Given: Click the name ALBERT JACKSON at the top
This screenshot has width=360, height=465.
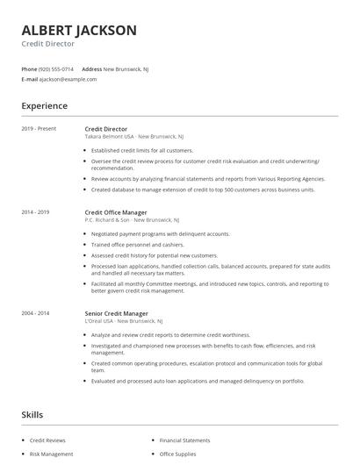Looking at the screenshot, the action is (x=79, y=31).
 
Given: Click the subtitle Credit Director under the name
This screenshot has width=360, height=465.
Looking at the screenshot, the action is (x=48, y=44).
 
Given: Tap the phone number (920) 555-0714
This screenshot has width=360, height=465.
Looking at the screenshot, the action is (x=57, y=68).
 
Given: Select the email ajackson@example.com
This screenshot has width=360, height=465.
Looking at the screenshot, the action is (x=68, y=79).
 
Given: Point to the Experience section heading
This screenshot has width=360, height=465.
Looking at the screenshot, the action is (x=44, y=105).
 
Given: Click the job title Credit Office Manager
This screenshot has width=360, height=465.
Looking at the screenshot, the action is (x=117, y=212).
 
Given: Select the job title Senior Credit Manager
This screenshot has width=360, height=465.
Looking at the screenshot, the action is (x=115, y=313).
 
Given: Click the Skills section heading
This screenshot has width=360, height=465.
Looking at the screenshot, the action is (x=32, y=414).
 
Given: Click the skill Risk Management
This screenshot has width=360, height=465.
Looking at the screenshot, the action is (x=51, y=454).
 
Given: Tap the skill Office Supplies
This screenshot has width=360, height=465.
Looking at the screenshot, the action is (x=178, y=454).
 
